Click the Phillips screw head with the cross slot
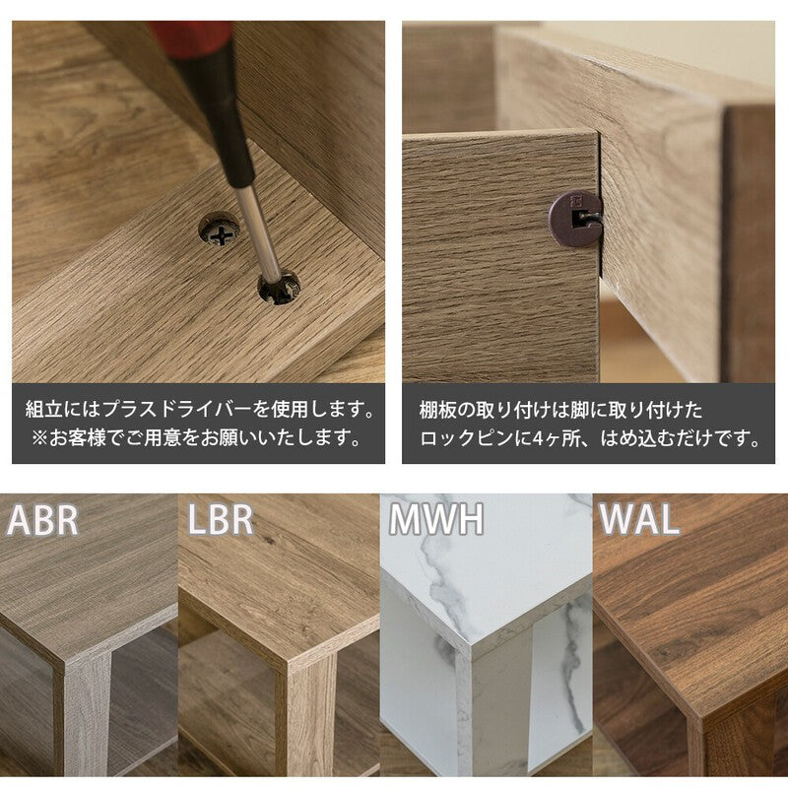point(219,230)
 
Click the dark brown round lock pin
point(575,218)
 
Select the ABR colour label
point(42,521)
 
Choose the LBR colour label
point(220,520)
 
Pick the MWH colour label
point(436,520)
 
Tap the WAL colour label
point(638,520)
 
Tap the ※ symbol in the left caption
point(39,438)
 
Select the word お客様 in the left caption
point(78,438)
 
